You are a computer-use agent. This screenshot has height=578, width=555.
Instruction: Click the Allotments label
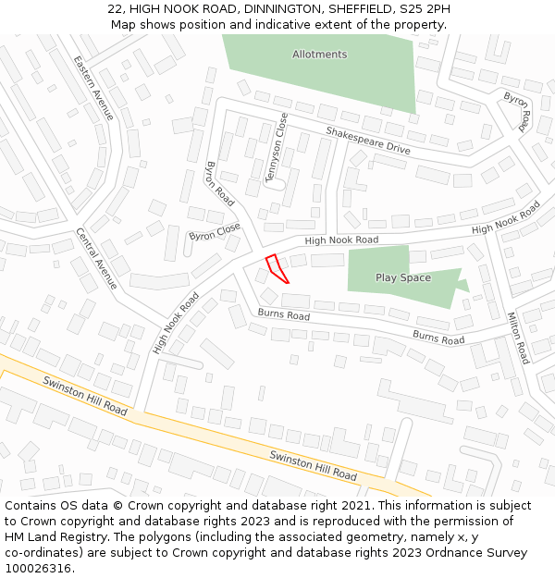pyautogui.click(x=319, y=55)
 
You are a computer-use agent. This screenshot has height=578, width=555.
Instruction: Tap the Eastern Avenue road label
pyautogui.click(x=93, y=88)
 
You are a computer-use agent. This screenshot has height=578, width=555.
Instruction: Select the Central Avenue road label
pyautogui.click(x=97, y=258)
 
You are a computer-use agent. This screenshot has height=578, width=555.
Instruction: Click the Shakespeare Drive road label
pyautogui.click(x=367, y=141)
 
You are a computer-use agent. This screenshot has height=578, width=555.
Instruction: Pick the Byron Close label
pyautogui.click(x=215, y=231)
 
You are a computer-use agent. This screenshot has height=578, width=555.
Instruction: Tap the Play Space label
pyautogui.click(x=402, y=277)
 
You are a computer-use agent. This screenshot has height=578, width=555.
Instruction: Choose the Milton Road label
pyautogui.click(x=517, y=338)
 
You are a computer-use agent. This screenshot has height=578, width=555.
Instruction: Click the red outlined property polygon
pyautogui.click(x=277, y=267)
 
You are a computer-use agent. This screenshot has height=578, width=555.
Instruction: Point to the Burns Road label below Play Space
pyautogui.click(x=438, y=338)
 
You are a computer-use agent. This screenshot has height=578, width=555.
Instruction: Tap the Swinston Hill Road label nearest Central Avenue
pyautogui.click(x=85, y=395)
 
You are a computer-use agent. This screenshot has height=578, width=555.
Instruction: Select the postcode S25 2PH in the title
pyautogui.click(x=425, y=8)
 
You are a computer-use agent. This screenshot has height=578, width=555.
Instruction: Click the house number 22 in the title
pyautogui.click(x=115, y=8)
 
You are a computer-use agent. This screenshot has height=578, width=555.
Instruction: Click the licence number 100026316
pyautogui.click(x=38, y=569)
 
